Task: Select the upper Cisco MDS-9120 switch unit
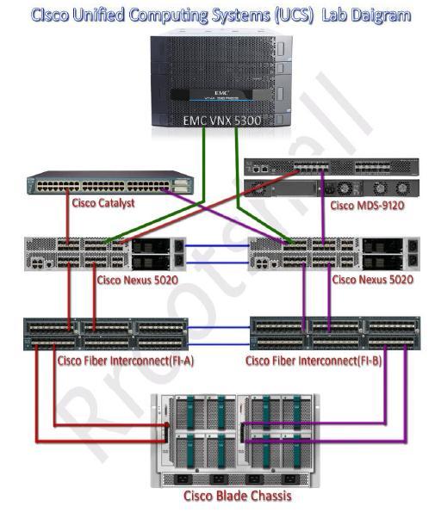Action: pos(332,167)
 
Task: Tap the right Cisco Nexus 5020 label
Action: pos(372,279)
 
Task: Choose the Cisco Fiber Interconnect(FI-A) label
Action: pos(125,360)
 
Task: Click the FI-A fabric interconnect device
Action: pos(106,334)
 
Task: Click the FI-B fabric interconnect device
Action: pos(334,334)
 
